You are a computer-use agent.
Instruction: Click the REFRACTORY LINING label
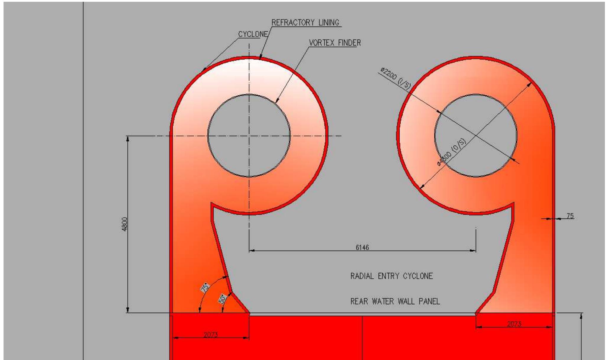[305, 23]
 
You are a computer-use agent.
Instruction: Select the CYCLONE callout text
[253, 34]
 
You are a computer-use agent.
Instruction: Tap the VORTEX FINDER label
[335, 43]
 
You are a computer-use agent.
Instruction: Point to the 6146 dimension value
[362, 247]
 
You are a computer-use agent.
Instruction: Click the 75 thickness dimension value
[570, 216]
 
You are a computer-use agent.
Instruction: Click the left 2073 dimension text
[211, 335]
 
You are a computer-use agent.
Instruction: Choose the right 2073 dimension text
[514, 324]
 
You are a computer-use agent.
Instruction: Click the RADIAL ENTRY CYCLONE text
[391, 276]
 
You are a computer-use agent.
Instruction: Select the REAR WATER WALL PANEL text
[395, 302]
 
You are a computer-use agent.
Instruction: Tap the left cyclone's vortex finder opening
[249, 136]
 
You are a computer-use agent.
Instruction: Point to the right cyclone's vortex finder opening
[476, 136]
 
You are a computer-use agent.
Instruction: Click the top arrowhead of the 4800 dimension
[128, 139]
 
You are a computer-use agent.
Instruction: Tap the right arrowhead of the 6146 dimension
[473, 251]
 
